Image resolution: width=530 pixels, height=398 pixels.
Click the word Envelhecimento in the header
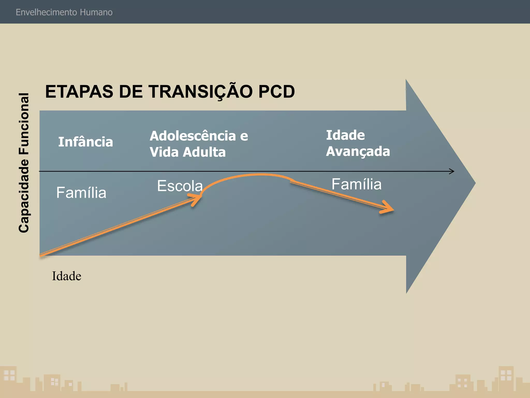(x=46, y=12)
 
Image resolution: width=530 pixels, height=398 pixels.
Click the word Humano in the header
(x=96, y=12)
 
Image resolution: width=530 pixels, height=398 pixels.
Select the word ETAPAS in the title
(x=79, y=92)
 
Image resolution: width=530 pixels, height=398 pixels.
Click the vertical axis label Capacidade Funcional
(x=24, y=163)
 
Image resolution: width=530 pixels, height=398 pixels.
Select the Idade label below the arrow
(x=67, y=276)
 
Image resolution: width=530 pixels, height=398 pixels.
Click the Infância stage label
(x=85, y=142)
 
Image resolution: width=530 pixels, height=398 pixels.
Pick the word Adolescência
(x=193, y=136)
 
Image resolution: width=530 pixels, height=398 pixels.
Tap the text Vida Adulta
(x=187, y=152)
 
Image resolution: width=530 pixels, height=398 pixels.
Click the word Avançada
(x=358, y=151)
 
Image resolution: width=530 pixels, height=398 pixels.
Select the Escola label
(x=180, y=186)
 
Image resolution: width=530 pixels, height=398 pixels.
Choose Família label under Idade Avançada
(x=356, y=184)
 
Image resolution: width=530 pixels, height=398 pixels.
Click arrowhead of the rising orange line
(x=199, y=198)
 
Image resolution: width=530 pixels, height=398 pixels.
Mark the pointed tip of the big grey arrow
(x=475, y=183)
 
